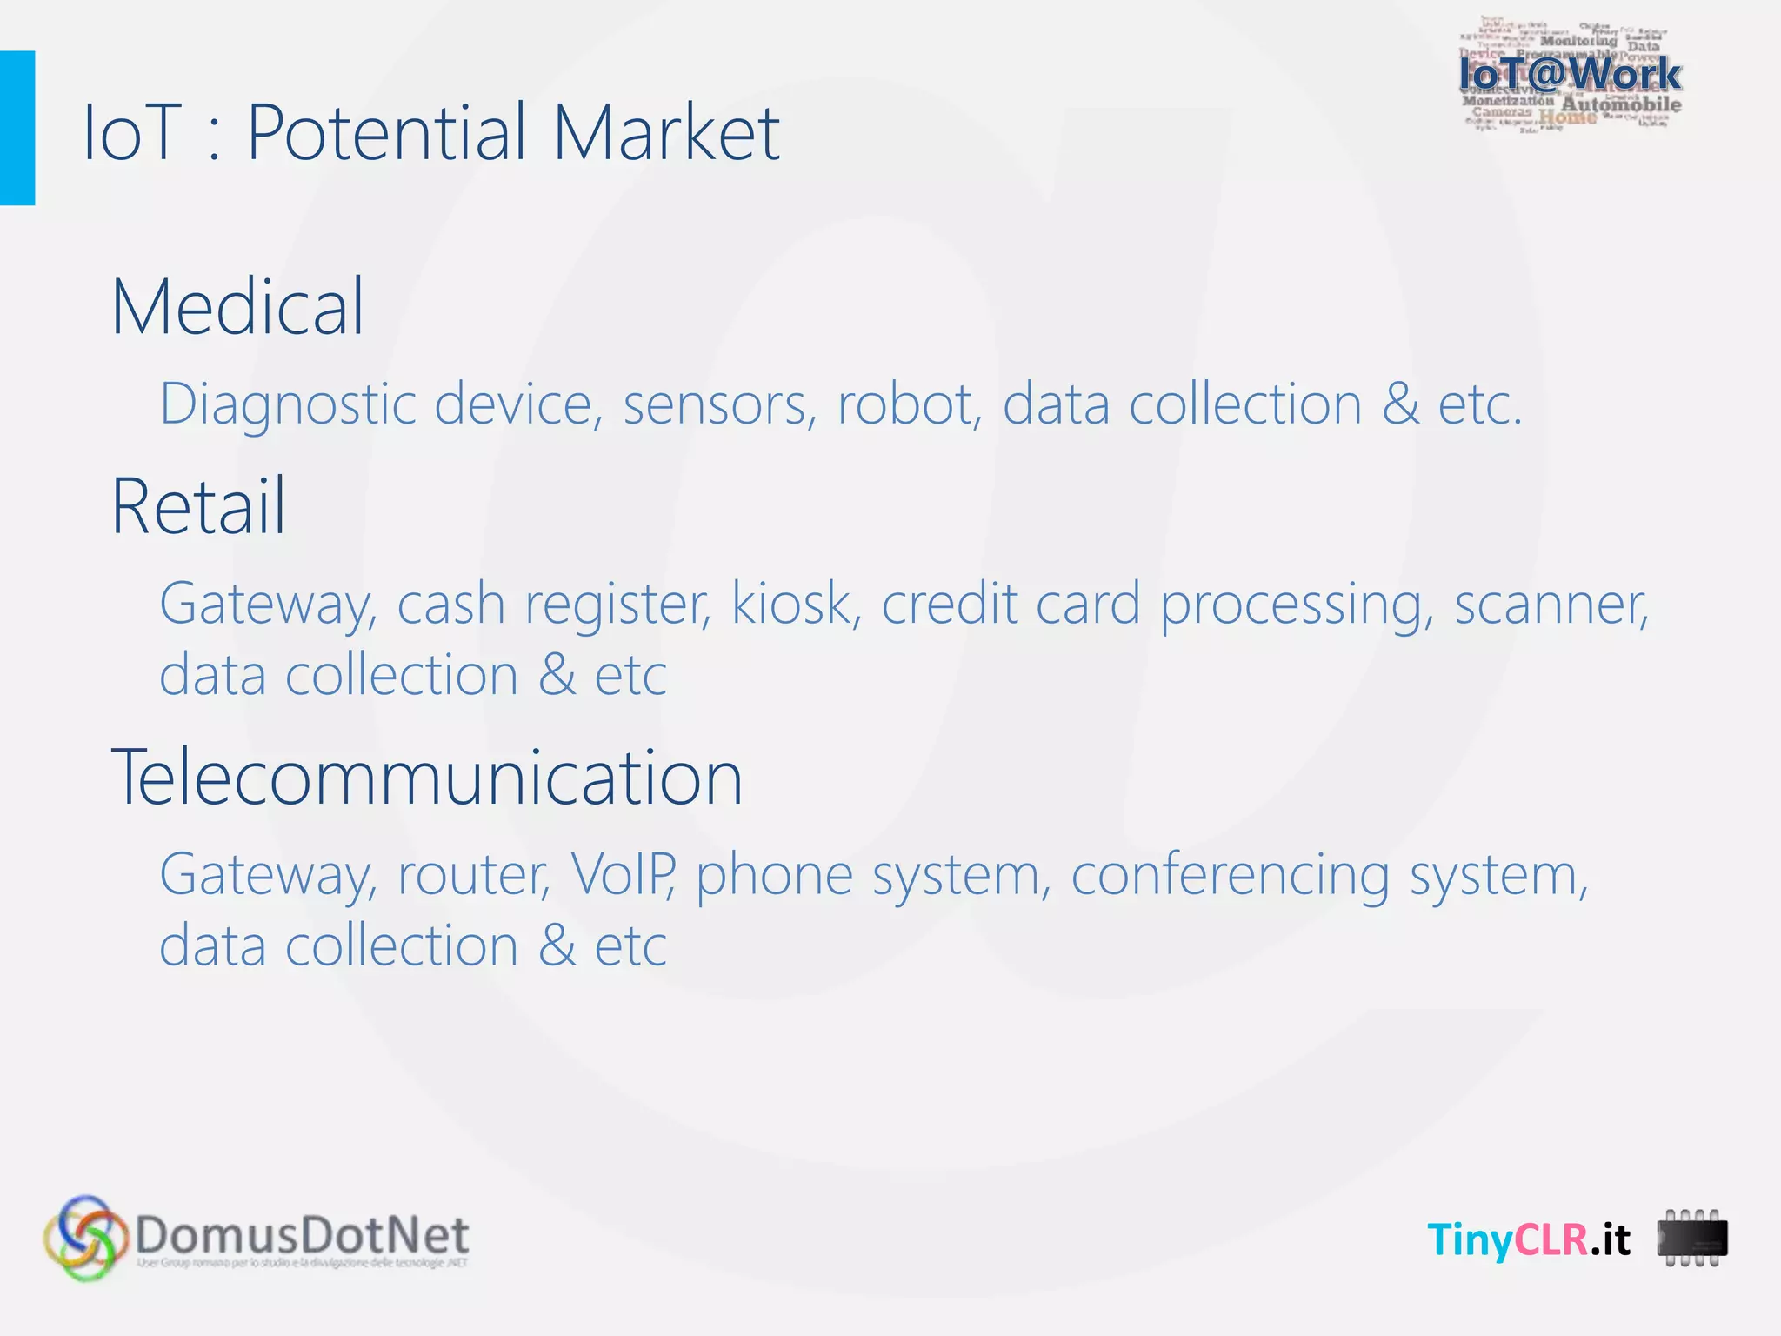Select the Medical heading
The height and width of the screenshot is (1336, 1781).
[237, 306]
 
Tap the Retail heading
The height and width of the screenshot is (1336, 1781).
[198, 506]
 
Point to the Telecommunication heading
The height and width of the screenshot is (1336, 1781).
[427, 777]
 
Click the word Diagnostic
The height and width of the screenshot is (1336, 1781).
[288, 405]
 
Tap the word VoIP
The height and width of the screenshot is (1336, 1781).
[623, 874]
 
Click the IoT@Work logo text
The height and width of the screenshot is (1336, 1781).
[1570, 75]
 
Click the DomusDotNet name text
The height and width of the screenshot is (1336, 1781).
[302, 1234]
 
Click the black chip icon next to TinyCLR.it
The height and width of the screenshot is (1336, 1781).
[1691, 1238]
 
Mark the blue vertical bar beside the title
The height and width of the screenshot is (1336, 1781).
[17, 128]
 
